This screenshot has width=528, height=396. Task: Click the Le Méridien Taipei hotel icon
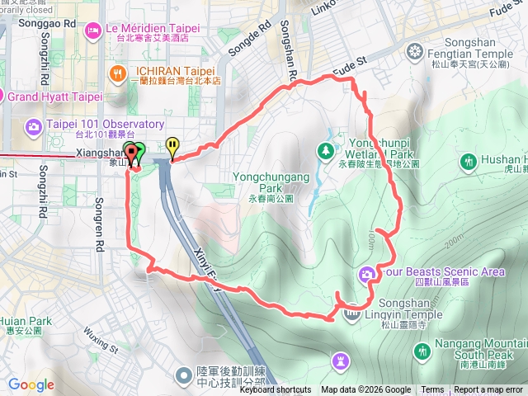pyautogui.click(x=92, y=31)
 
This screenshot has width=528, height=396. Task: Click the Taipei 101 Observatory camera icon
pyautogui.click(x=34, y=126)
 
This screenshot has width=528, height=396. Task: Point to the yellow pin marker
pyautogui.click(x=172, y=147)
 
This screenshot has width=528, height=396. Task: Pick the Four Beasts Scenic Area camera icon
pyautogui.click(x=366, y=273)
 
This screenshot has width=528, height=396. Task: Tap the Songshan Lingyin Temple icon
pyautogui.click(x=352, y=313)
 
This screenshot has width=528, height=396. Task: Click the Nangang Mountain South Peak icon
pyautogui.click(x=422, y=352)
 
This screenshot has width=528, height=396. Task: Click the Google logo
pyautogui.click(x=31, y=384)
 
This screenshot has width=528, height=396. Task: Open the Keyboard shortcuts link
pyautogui.click(x=276, y=390)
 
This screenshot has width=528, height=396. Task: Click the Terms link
pyautogui.click(x=432, y=390)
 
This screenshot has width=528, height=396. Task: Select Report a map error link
pyautogui.click(x=489, y=390)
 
